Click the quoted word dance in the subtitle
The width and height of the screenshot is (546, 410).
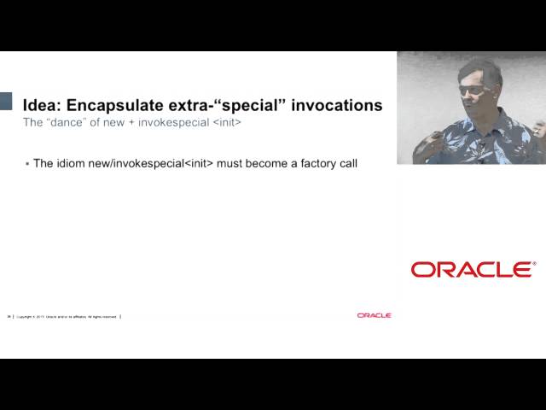(x=70, y=123)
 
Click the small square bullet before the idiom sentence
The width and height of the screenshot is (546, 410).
(x=27, y=163)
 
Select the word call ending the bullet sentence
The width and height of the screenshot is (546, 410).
(x=345, y=163)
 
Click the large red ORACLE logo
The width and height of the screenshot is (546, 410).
(x=473, y=269)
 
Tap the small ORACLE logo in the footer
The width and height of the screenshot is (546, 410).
(x=374, y=315)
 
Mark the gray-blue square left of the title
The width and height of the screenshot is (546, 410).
(x=6, y=101)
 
